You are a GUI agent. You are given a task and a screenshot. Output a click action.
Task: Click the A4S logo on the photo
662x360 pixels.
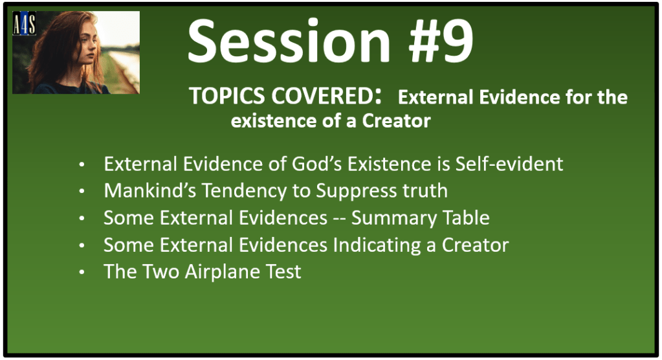point(24,23)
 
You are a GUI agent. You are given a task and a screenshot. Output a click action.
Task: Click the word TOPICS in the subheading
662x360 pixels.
point(228,96)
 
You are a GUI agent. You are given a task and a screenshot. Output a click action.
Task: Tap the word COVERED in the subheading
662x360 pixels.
point(321,96)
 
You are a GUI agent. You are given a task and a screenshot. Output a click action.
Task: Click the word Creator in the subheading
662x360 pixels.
point(397,121)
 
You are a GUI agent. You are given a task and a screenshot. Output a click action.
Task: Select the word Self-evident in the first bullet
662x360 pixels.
point(509,164)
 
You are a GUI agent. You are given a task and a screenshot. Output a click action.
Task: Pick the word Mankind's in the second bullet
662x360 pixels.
point(150,190)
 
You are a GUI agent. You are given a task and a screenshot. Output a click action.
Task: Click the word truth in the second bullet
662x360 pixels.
point(425,190)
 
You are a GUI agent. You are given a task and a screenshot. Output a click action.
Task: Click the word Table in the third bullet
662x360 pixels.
point(460,218)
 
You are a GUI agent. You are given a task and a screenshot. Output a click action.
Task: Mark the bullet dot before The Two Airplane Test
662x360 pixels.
point(82,273)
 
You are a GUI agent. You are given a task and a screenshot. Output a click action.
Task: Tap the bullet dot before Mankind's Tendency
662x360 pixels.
point(82,192)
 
